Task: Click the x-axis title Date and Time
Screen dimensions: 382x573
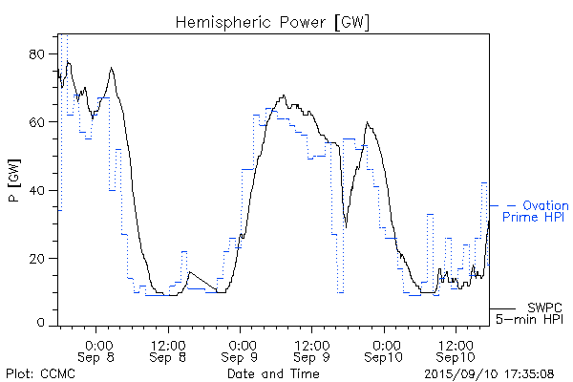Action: click(x=273, y=373)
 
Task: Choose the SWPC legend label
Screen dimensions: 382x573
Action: click(x=544, y=307)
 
